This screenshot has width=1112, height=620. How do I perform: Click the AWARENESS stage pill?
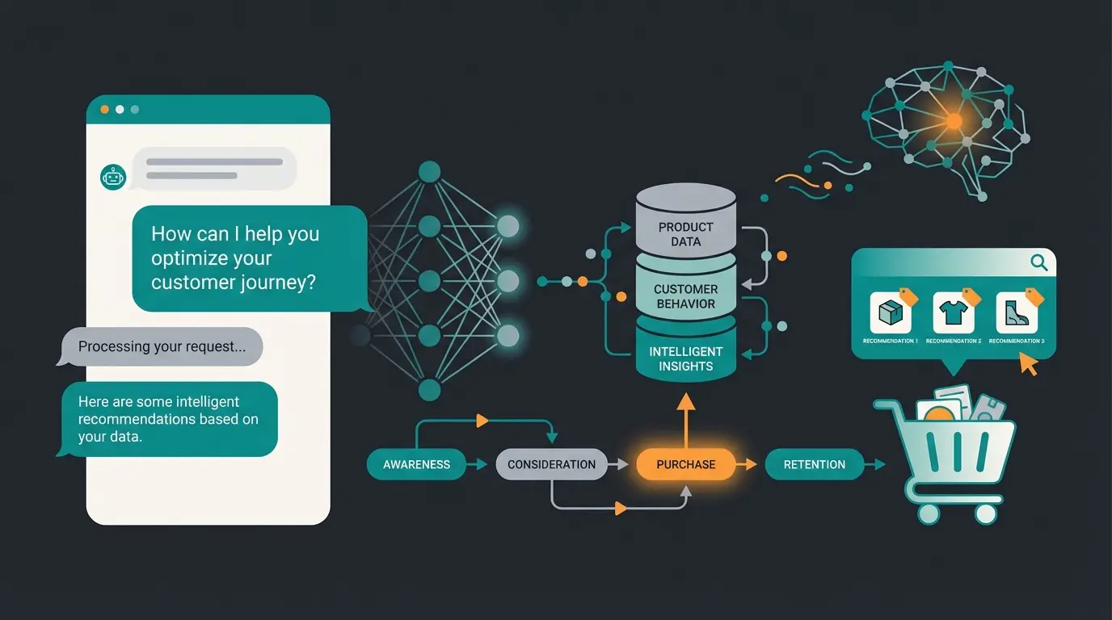coord(416,464)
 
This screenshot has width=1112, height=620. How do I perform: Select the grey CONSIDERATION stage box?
coord(551,464)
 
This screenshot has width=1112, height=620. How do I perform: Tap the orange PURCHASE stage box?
coord(686,464)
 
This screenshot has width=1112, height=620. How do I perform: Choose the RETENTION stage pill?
coord(814,464)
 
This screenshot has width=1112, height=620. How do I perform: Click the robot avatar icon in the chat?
coord(113,177)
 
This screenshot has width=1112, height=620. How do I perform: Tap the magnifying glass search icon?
coord(1038,262)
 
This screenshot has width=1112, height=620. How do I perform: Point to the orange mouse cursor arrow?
coord(1028,364)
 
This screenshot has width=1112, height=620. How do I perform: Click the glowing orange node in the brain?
coord(954,121)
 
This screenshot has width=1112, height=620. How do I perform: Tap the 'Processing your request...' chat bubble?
coord(159,347)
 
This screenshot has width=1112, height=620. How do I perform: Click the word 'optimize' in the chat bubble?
coord(190,258)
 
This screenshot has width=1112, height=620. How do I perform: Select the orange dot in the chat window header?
coord(103,109)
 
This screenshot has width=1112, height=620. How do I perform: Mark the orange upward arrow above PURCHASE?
coord(685,412)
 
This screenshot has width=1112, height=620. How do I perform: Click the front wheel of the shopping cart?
coord(929,513)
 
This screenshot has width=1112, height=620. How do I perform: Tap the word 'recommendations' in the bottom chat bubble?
coord(137,419)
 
